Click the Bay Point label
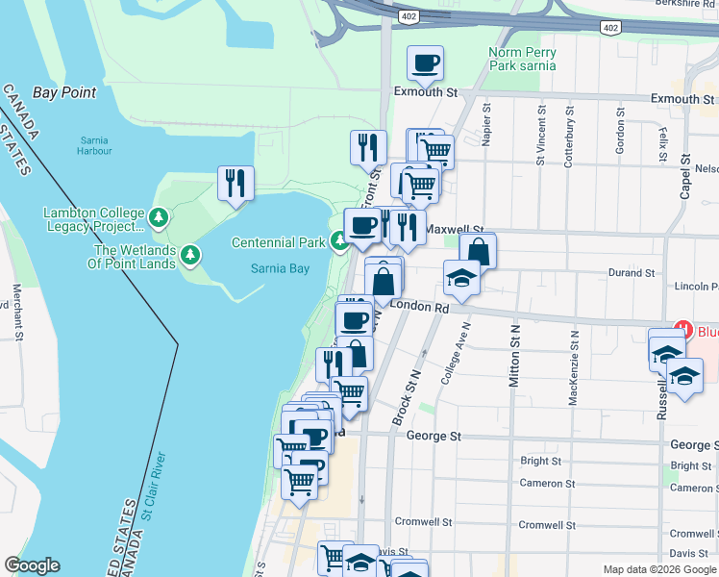(x=64, y=92)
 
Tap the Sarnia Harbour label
(x=95, y=145)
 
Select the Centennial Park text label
(x=278, y=242)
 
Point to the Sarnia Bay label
(x=281, y=268)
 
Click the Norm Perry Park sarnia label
(x=522, y=60)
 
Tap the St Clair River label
(x=154, y=486)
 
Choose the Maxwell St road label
(x=457, y=230)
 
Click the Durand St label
(x=632, y=273)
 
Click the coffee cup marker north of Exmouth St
(x=424, y=63)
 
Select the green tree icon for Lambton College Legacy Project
(x=160, y=218)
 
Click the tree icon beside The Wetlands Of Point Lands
(x=191, y=254)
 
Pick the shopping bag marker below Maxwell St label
(x=478, y=252)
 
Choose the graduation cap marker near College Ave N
(x=461, y=278)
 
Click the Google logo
(x=32, y=565)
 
